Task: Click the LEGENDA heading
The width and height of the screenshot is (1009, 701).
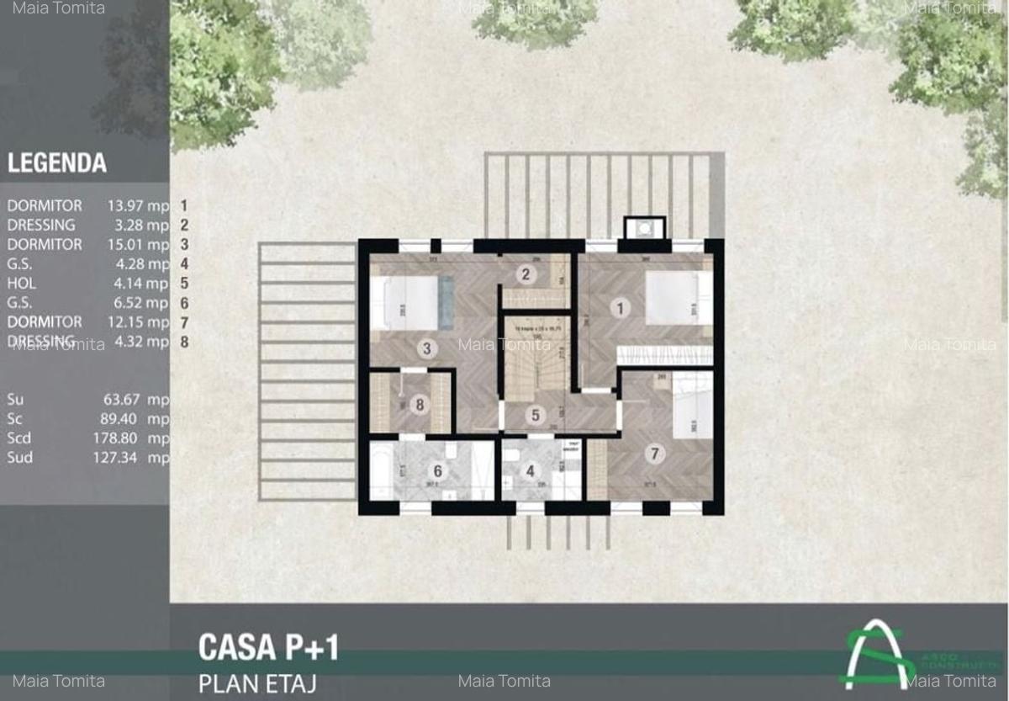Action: pyautogui.click(x=57, y=163)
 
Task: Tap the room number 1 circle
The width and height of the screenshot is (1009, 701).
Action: pyautogui.click(x=621, y=308)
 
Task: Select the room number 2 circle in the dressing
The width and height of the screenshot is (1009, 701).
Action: pyautogui.click(x=526, y=273)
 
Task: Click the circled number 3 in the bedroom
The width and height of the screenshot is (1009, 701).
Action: pyautogui.click(x=427, y=348)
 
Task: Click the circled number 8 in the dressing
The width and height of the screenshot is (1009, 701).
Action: pyautogui.click(x=418, y=403)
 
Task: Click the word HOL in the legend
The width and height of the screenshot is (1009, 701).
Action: pyautogui.click(x=22, y=284)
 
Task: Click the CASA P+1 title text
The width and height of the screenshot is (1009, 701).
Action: pyautogui.click(x=268, y=647)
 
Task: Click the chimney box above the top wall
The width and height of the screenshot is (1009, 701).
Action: pyautogui.click(x=644, y=227)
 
